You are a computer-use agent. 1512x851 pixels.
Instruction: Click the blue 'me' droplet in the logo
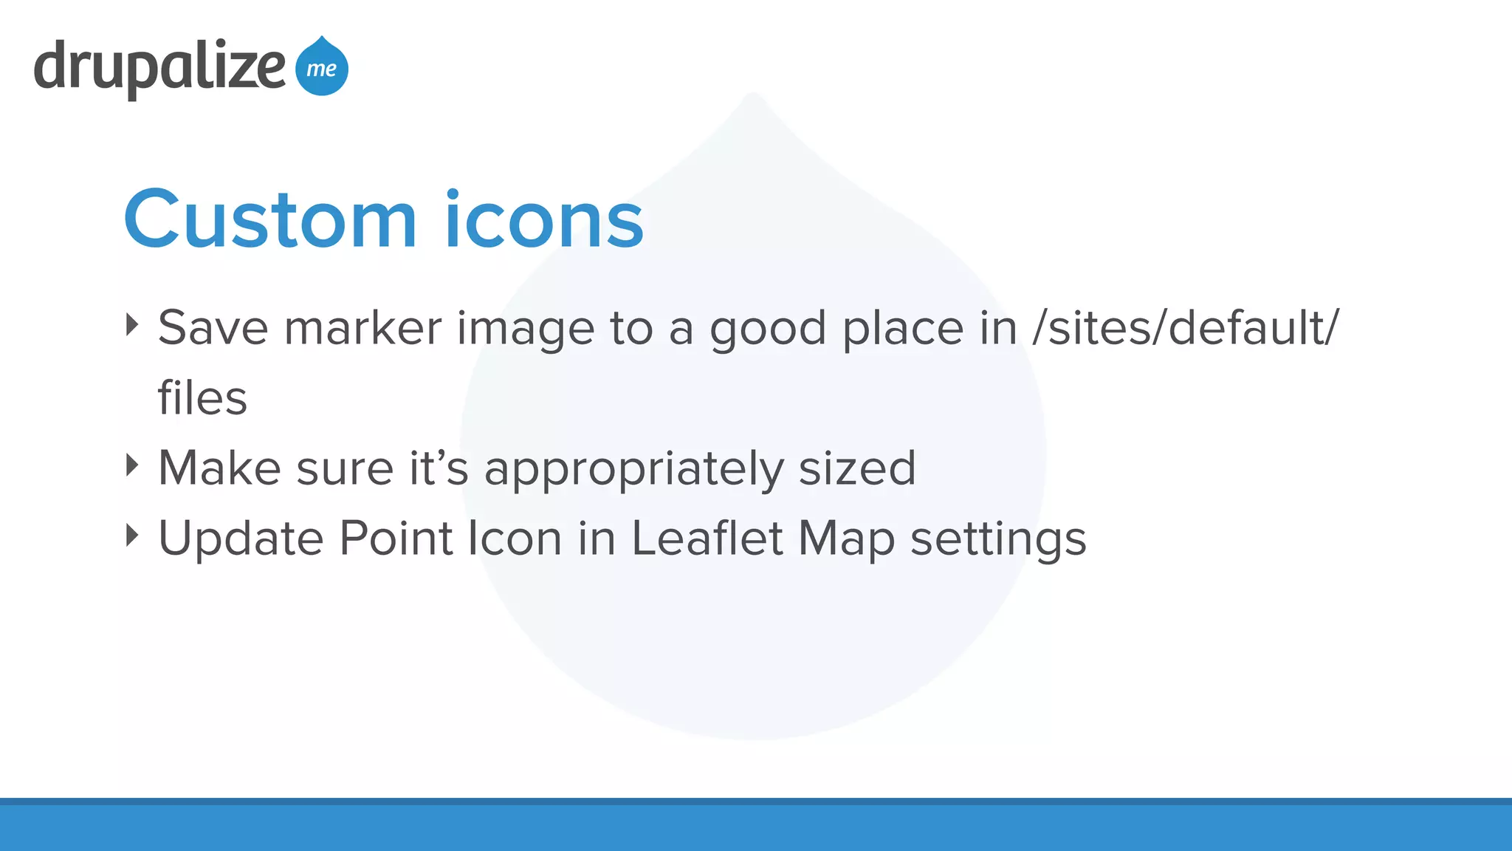pyautogui.click(x=322, y=67)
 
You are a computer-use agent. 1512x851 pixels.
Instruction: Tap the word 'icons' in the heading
pyautogui.click(x=544, y=220)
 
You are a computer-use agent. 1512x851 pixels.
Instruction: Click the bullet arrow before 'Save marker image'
pyautogui.click(x=132, y=324)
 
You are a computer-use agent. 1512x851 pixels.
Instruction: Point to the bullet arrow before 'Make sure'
pyautogui.click(x=132, y=465)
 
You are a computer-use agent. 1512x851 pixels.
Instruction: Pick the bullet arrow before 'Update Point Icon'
pyautogui.click(x=132, y=535)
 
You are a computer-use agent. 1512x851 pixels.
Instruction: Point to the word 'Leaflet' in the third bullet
pyautogui.click(x=707, y=538)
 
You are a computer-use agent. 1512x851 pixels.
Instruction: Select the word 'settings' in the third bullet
pyautogui.click(x=998, y=539)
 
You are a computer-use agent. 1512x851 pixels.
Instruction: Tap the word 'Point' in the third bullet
pyautogui.click(x=395, y=538)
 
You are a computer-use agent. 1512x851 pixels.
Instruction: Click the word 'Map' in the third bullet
pyautogui.click(x=846, y=539)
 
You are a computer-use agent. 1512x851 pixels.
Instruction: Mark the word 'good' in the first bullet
pyautogui.click(x=767, y=329)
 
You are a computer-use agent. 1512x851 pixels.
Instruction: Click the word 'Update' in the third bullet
pyautogui.click(x=241, y=539)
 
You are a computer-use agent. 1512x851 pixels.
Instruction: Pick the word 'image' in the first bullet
pyautogui.click(x=525, y=329)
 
